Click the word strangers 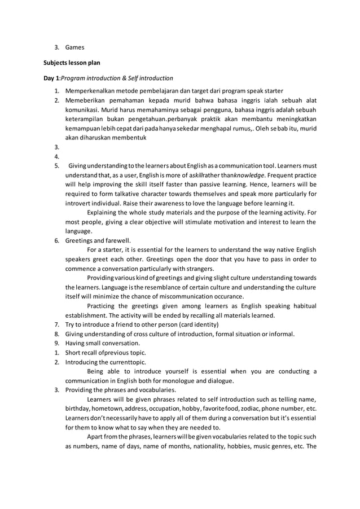(x=199, y=268)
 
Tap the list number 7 (x=56, y=324)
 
